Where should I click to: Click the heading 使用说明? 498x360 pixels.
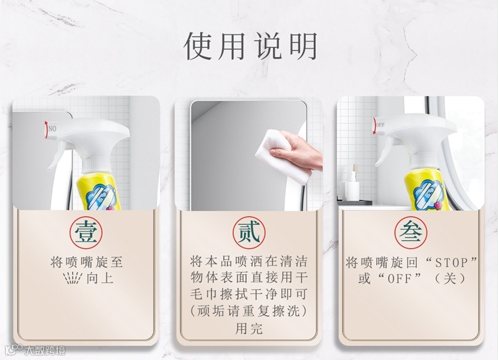250,46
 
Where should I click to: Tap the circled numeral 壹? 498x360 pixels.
86,233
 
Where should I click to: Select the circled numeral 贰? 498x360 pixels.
249,233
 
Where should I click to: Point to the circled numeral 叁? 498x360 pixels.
411,233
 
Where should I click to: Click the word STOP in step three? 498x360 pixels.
452,263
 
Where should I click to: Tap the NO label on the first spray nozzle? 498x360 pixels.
53,128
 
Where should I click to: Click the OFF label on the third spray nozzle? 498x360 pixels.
380,125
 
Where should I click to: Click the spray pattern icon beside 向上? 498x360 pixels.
73,278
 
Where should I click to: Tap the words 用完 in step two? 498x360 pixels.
249,329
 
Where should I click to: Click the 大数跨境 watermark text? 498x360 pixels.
45,350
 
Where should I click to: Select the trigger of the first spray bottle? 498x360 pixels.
57,156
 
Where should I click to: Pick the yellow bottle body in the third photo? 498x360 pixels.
426,192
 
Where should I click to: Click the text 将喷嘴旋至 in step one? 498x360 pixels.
86,262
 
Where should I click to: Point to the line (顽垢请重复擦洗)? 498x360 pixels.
249,311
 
